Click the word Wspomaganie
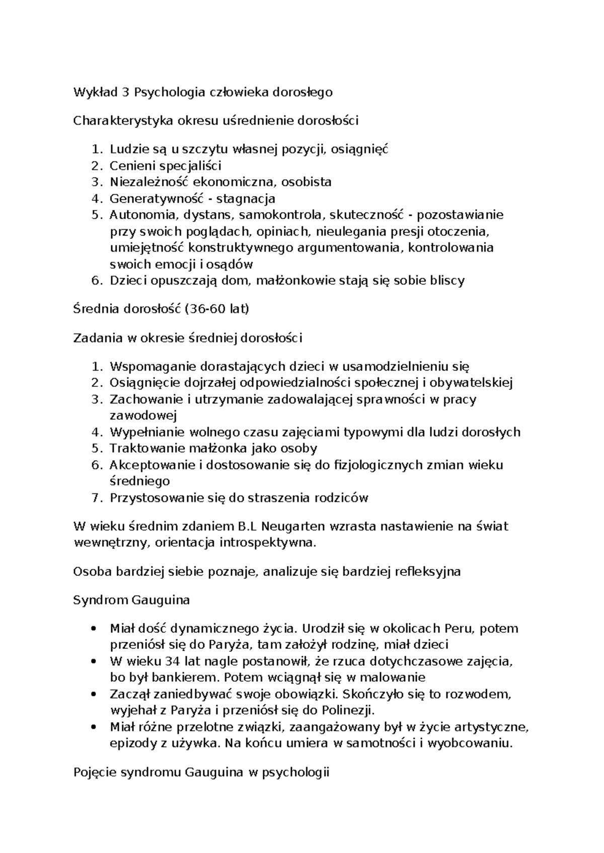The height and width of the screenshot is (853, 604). pos(153,366)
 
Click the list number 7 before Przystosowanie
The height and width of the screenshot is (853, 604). pos(97,498)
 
